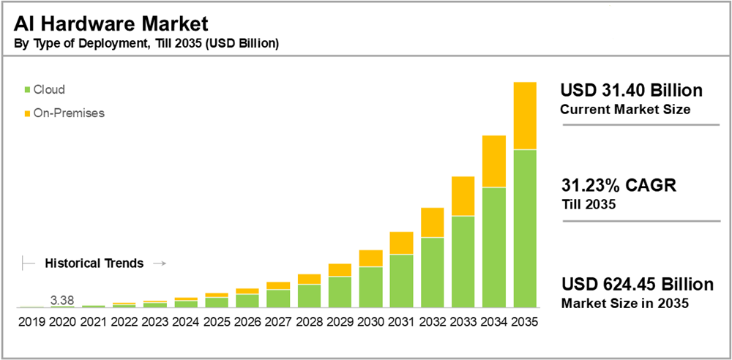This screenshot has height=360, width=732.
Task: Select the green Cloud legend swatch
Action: (28, 90)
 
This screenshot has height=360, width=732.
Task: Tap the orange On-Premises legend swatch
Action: (28, 113)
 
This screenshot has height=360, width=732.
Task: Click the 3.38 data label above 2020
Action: (62, 299)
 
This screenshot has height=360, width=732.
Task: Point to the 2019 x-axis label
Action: (31, 321)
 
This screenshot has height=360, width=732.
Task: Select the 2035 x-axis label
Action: (525, 321)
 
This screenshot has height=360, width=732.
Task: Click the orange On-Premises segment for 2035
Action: (525, 116)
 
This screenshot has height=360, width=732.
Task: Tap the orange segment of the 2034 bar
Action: (494, 161)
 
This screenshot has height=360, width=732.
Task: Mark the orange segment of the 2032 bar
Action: (433, 222)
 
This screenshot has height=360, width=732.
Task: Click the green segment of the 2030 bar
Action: (371, 287)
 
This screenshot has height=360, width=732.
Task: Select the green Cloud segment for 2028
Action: (310, 296)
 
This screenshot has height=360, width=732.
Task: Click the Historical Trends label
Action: (94, 263)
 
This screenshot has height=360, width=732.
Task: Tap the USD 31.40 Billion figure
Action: (631, 91)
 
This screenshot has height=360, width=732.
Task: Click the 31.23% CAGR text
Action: (619, 186)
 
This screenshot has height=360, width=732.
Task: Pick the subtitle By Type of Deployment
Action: (146, 43)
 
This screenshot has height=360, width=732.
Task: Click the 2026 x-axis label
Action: (248, 321)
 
